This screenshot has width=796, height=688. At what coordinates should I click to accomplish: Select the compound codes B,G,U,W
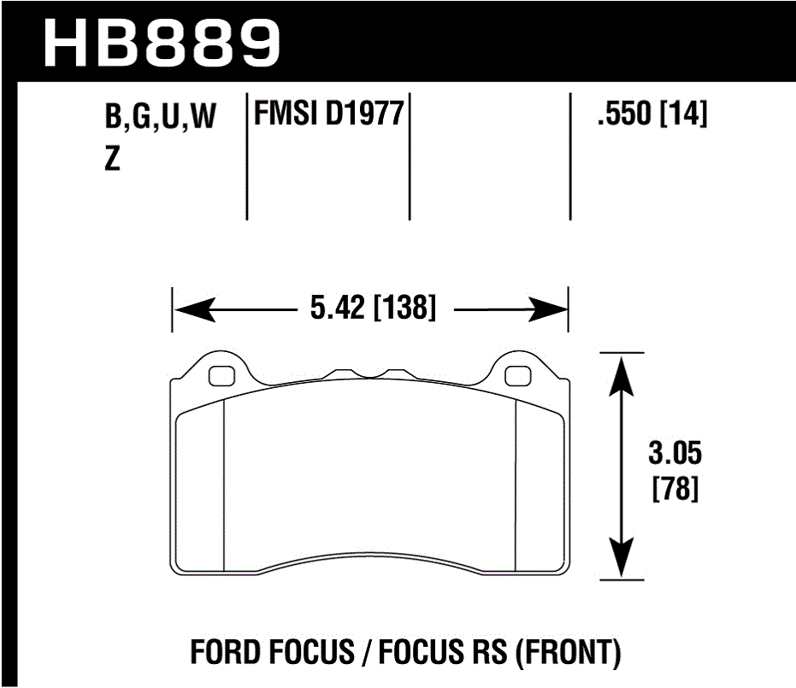160,118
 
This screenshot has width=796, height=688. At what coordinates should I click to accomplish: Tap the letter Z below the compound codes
111,160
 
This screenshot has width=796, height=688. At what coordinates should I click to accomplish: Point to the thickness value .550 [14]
652,115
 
